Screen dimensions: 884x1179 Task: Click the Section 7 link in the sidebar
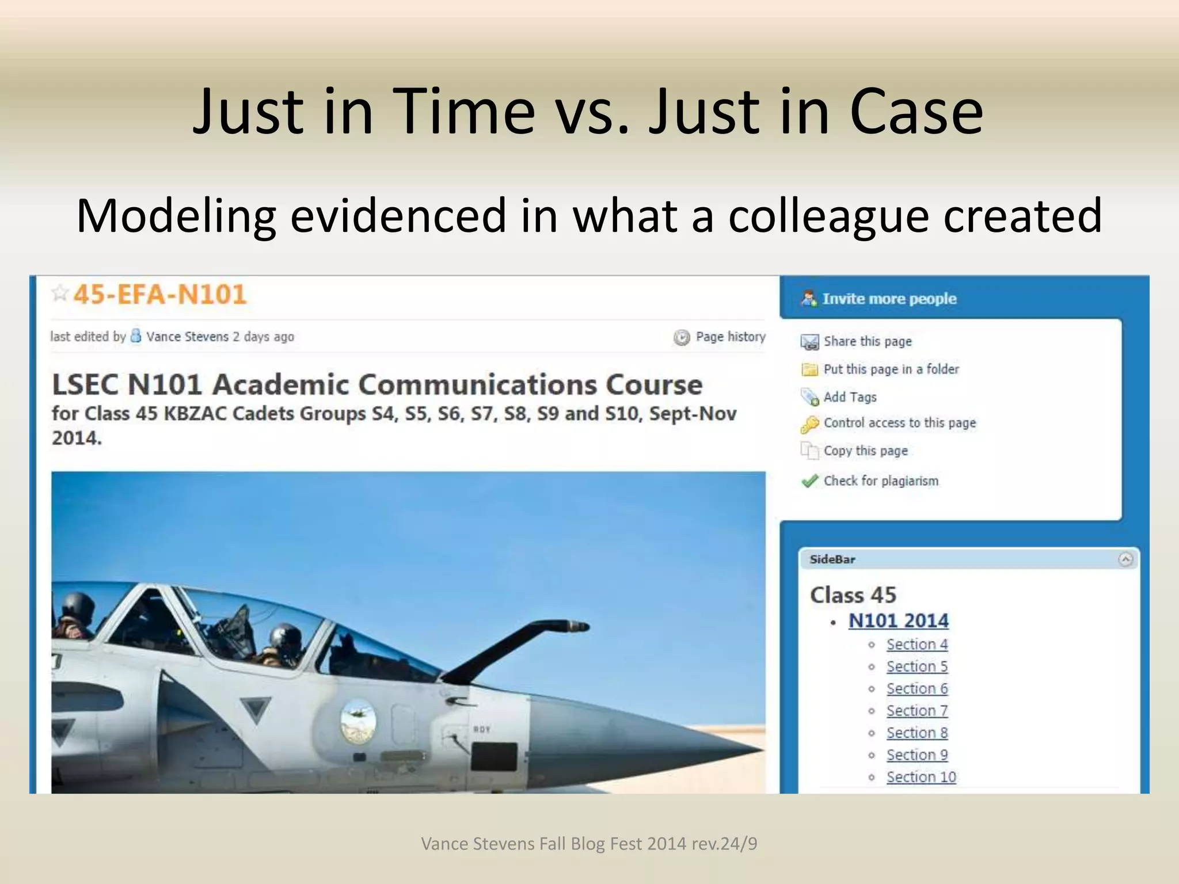(x=916, y=711)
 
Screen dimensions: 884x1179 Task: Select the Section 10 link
(x=921, y=777)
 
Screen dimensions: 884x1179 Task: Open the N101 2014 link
(x=898, y=621)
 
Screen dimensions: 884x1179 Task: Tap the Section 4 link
(x=916, y=645)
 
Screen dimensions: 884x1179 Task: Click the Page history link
(x=730, y=337)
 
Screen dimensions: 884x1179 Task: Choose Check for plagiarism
(x=880, y=481)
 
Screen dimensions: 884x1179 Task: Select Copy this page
(x=865, y=451)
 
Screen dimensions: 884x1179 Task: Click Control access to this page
(x=899, y=423)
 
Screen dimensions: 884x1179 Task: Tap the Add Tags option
(x=850, y=397)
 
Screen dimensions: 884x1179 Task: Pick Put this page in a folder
(x=891, y=369)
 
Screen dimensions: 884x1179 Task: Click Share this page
(x=867, y=341)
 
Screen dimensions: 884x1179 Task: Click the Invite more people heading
(x=889, y=299)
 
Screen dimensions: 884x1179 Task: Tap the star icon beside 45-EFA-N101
(x=60, y=294)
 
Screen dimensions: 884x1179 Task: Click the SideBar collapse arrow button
(x=1125, y=559)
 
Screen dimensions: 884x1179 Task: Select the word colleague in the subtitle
(x=828, y=216)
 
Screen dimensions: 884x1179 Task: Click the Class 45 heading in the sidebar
(x=853, y=595)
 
